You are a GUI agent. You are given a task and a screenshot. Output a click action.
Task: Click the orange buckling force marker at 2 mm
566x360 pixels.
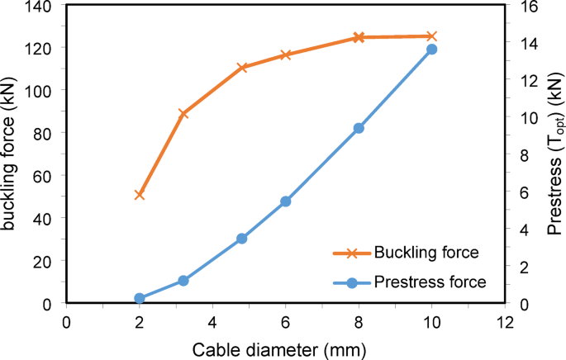[140, 195]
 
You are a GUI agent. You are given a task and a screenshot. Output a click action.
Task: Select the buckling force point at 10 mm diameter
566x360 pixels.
[431, 36]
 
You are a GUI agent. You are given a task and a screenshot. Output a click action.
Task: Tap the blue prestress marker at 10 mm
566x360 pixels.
[431, 50]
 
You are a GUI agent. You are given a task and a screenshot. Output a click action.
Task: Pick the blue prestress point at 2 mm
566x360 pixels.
[140, 298]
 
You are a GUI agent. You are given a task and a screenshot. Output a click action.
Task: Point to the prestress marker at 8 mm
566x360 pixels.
[359, 128]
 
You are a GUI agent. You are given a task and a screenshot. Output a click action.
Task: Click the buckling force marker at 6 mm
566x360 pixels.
[286, 55]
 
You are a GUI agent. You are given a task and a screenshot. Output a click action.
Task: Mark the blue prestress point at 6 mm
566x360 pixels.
[286, 201]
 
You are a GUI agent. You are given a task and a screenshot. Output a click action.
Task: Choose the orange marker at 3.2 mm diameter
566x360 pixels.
[183, 114]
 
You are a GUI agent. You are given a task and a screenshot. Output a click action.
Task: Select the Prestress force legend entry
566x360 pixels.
[429, 283]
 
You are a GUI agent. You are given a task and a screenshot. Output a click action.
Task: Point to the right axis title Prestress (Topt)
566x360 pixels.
[554, 153]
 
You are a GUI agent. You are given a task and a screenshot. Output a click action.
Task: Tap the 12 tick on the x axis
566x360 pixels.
[504, 321]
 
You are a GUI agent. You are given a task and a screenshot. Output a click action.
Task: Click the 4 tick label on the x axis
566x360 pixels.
[212, 321]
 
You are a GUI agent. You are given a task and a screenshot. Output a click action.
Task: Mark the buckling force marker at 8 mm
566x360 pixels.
[359, 38]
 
